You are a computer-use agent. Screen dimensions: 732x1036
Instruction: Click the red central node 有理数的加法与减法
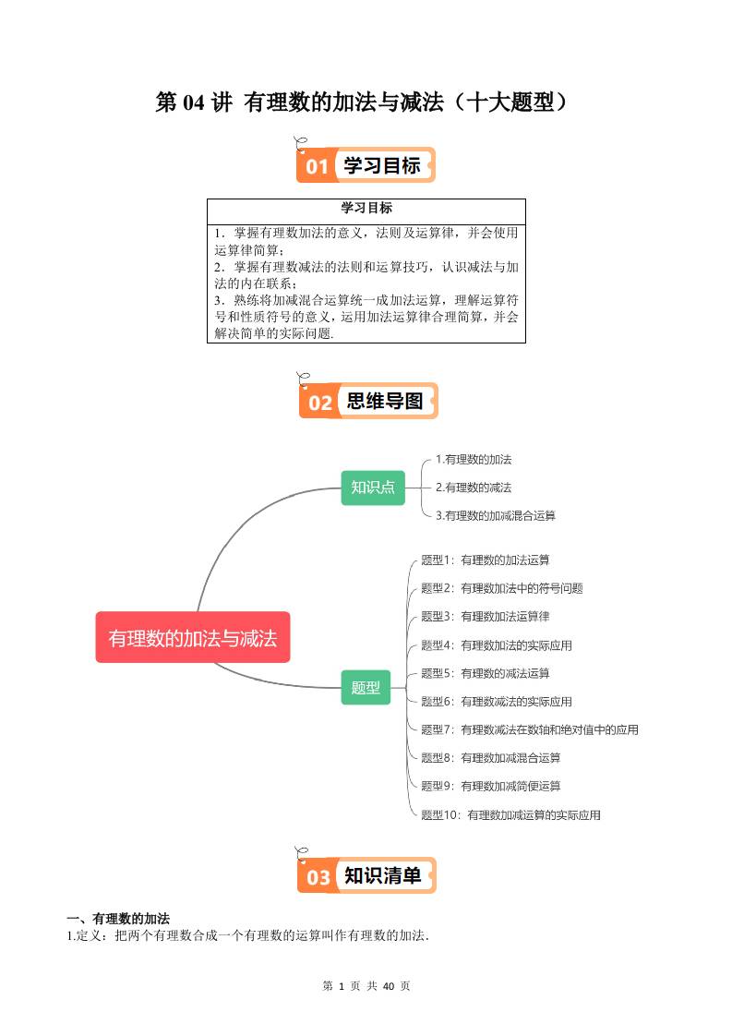tap(193, 638)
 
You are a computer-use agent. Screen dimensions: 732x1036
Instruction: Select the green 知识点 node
tap(373, 488)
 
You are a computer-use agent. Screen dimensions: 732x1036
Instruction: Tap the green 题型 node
tap(366, 687)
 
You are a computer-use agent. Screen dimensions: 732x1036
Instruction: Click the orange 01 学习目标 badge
tap(366, 164)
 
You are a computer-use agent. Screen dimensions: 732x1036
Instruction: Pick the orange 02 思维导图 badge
tap(368, 401)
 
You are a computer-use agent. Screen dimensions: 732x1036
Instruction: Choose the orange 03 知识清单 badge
tap(366, 875)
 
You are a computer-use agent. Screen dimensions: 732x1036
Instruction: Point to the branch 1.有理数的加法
tap(473, 459)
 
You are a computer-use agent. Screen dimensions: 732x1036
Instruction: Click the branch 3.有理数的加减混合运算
tap(495, 515)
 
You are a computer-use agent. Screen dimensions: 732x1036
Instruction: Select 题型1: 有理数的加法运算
tap(485, 560)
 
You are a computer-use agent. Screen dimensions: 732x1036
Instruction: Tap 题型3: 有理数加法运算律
tap(485, 617)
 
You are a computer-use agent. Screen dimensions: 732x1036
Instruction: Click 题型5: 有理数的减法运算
tap(485, 673)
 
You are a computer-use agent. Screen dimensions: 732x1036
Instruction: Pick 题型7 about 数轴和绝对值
tap(529, 729)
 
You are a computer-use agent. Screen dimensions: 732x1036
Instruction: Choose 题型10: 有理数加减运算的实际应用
tap(510, 814)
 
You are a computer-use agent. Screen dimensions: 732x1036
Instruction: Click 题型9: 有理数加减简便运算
tap(491, 786)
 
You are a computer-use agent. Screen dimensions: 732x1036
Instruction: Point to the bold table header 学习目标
tap(366, 208)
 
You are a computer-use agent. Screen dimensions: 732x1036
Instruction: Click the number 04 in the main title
tap(194, 102)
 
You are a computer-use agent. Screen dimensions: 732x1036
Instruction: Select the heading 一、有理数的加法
tap(118, 919)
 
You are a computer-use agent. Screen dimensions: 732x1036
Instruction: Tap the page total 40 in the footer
tap(389, 986)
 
